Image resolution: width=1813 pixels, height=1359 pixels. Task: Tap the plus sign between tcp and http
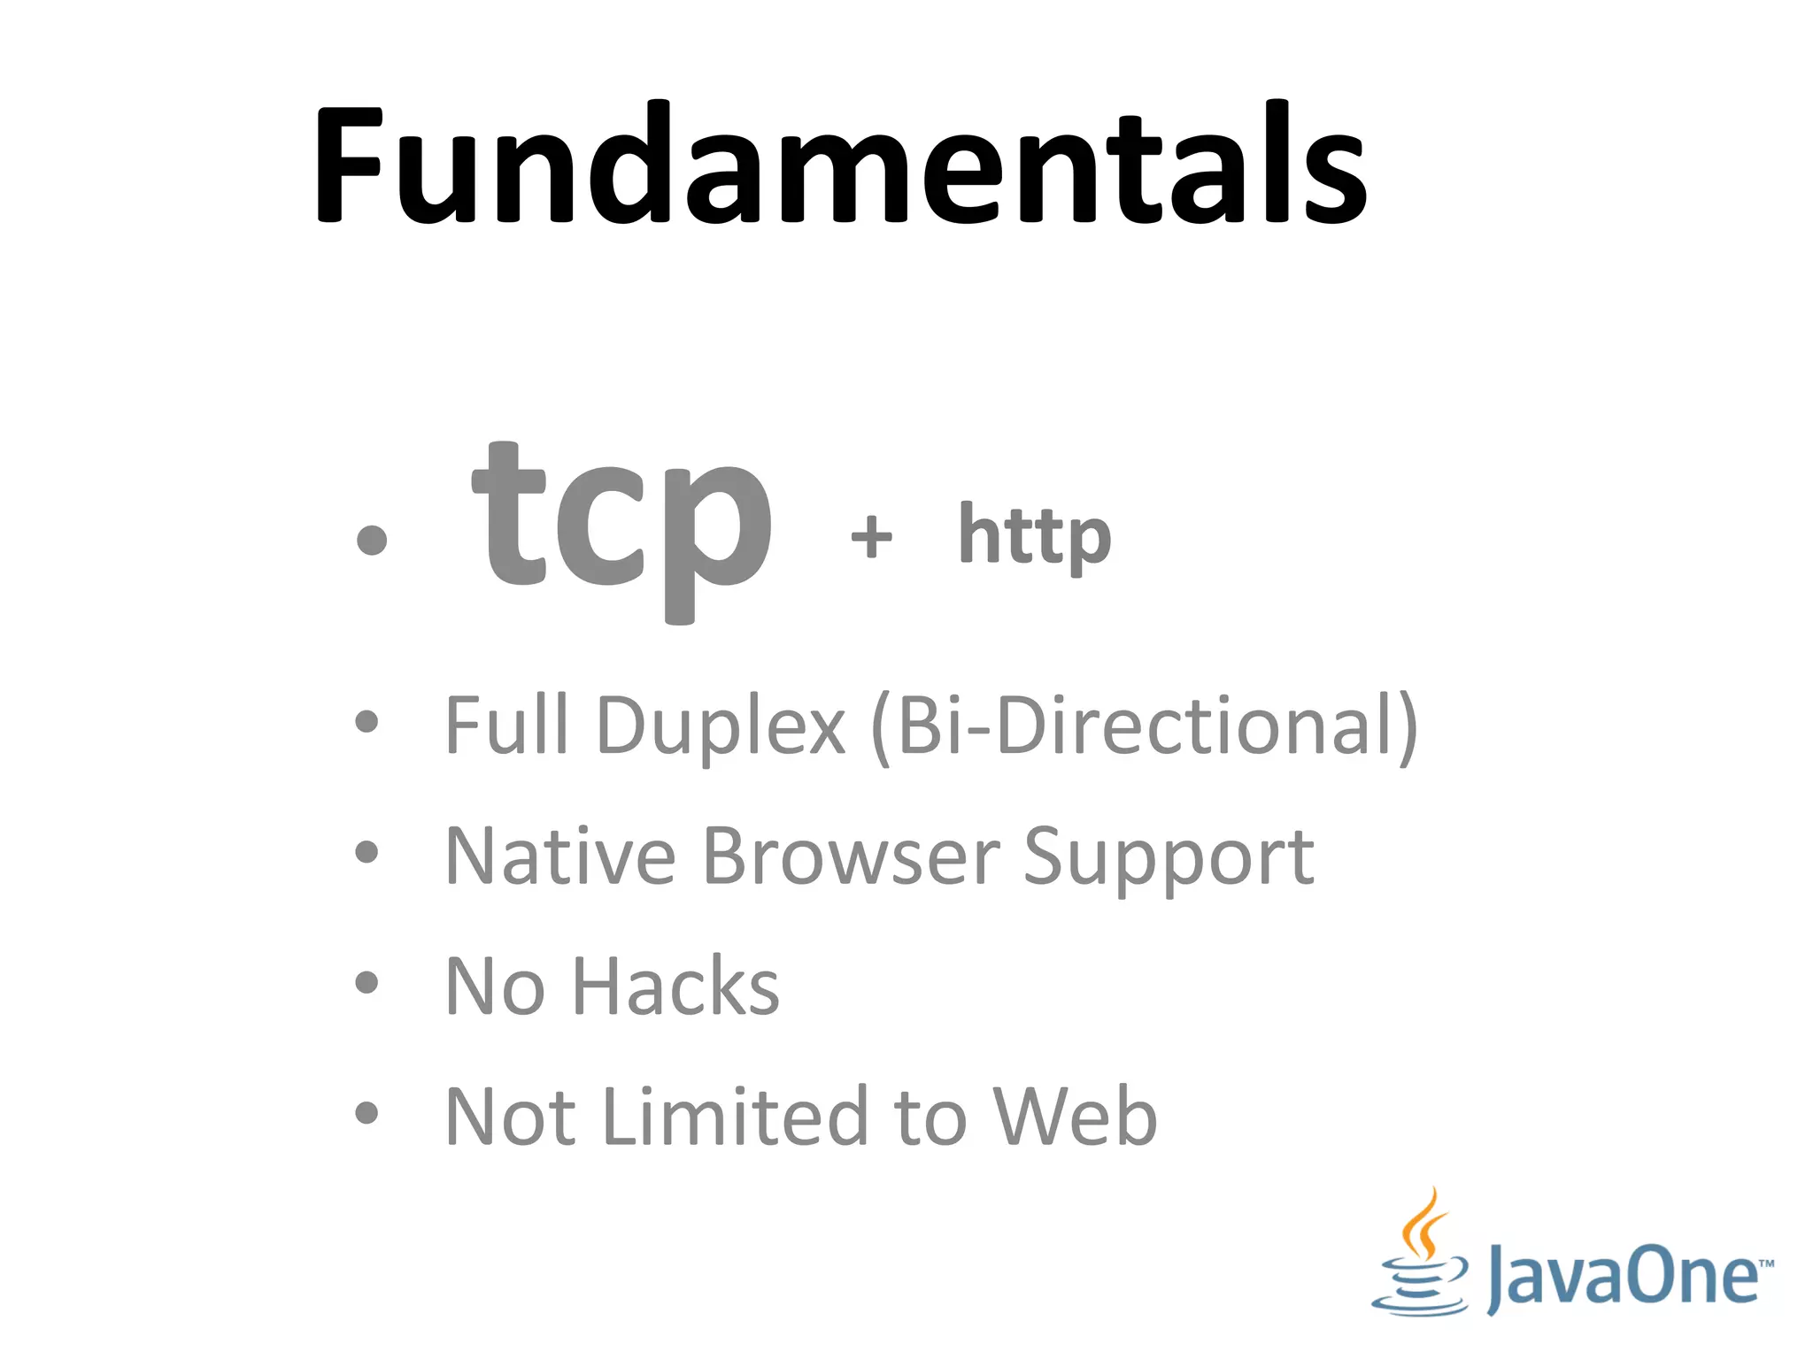tap(871, 536)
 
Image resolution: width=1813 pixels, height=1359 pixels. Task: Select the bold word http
tap(1034, 534)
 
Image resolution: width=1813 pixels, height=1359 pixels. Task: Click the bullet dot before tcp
tap(371, 540)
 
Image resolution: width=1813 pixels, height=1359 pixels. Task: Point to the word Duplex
tap(721, 726)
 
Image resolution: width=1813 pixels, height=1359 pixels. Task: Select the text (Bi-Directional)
tap(1145, 727)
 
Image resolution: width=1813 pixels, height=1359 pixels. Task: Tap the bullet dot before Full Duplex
tap(366, 722)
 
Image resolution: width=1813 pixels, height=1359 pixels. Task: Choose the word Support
tap(1169, 856)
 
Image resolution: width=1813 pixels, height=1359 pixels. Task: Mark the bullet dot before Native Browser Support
tap(366, 852)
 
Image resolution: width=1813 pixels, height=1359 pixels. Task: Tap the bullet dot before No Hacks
tap(366, 982)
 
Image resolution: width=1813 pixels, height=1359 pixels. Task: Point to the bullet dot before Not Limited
tap(366, 1112)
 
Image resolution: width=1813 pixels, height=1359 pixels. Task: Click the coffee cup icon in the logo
tap(1419, 1256)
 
